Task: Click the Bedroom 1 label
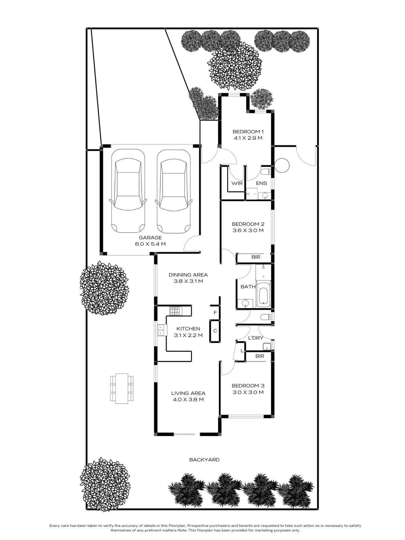(248, 132)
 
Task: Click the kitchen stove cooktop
(175, 310)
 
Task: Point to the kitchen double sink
(161, 330)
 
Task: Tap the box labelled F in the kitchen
(215, 313)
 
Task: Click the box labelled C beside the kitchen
(215, 331)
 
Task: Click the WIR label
(237, 183)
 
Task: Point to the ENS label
(261, 183)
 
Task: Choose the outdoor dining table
(122, 388)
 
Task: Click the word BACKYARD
(204, 460)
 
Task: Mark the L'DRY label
(255, 338)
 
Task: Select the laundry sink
(267, 346)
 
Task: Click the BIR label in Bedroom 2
(256, 257)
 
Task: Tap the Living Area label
(188, 393)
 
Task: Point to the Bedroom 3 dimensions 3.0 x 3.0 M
(248, 392)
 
